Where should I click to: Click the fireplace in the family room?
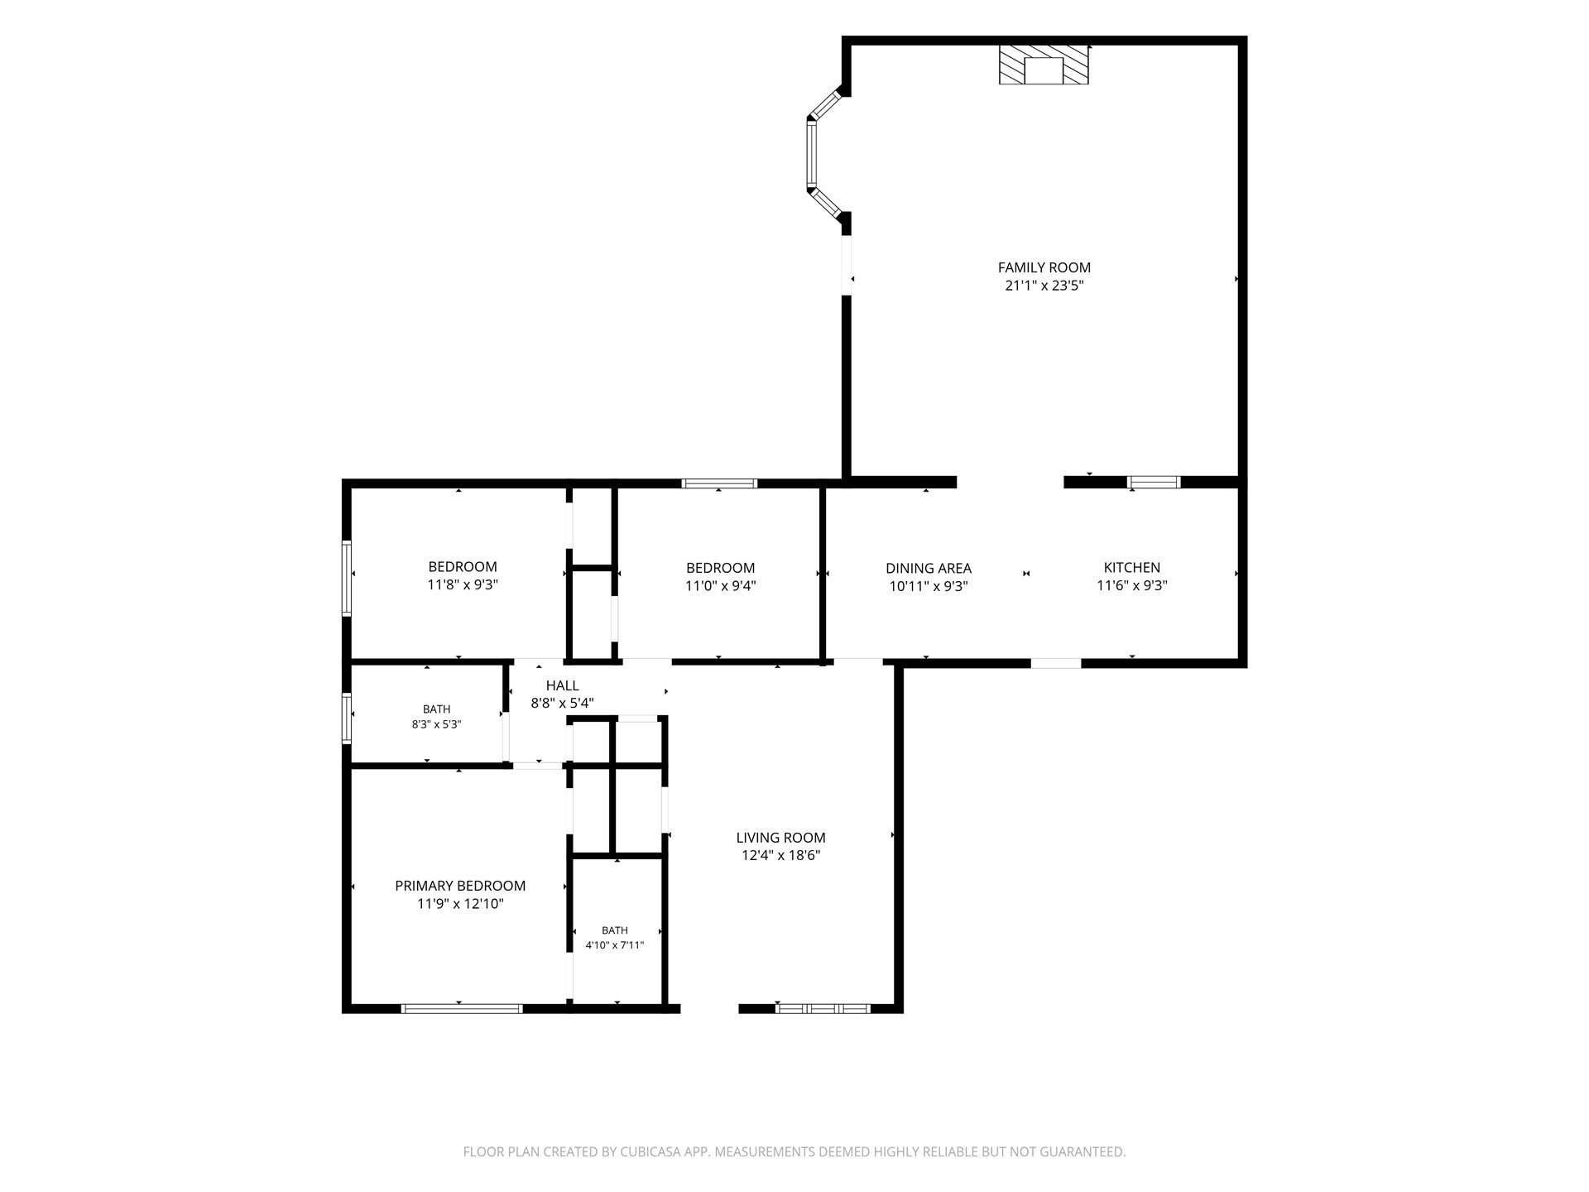pyautogui.click(x=1044, y=65)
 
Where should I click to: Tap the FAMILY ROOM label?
pyautogui.click(x=1044, y=267)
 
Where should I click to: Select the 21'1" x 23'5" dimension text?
pyautogui.click(x=1044, y=286)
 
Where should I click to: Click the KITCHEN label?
pyautogui.click(x=1132, y=568)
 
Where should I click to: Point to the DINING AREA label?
pyautogui.click(x=929, y=569)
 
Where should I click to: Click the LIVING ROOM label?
pyautogui.click(x=781, y=838)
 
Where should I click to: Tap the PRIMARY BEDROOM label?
pyautogui.click(x=460, y=886)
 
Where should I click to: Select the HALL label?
pyautogui.click(x=563, y=685)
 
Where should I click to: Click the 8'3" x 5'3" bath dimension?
pyautogui.click(x=437, y=724)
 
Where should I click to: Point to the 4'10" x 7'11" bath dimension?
pyautogui.click(x=615, y=945)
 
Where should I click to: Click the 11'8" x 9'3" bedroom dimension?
pyautogui.click(x=463, y=584)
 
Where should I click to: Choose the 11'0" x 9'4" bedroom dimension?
pyautogui.click(x=721, y=586)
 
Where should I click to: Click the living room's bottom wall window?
pyautogui.click(x=823, y=1008)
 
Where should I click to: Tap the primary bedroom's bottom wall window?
pyautogui.click(x=462, y=1008)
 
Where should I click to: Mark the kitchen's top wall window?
pyautogui.click(x=1155, y=482)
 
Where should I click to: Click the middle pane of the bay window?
pyautogui.click(x=812, y=153)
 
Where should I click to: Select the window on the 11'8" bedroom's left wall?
pyautogui.click(x=347, y=578)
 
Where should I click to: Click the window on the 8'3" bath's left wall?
pyautogui.click(x=347, y=718)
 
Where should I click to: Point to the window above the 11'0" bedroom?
pyautogui.click(x=719, y=483)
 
